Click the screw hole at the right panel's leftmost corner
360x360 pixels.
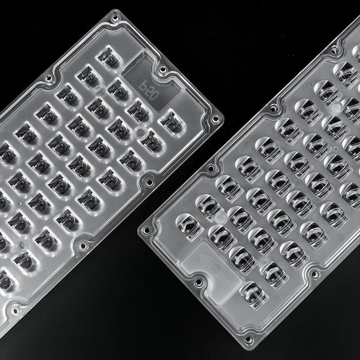pyautogui.click(x=146, y=229)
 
